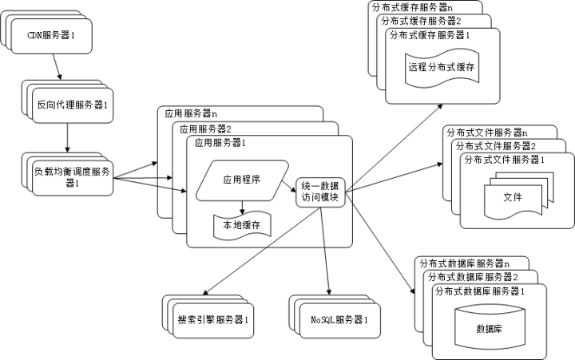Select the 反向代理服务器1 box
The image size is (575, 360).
tap(73, 105)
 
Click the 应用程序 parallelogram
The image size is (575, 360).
tap(243, 180)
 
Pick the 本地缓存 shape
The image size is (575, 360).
tap(242, 225)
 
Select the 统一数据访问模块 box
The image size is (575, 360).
tap(320, 192)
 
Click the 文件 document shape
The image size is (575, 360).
tap(512, 196)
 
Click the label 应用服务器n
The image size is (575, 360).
tap(191, 113)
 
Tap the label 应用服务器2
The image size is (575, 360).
tap(205, 128)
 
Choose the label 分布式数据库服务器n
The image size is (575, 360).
tap(465, 262)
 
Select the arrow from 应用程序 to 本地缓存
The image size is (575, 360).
tap(242, 204)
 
